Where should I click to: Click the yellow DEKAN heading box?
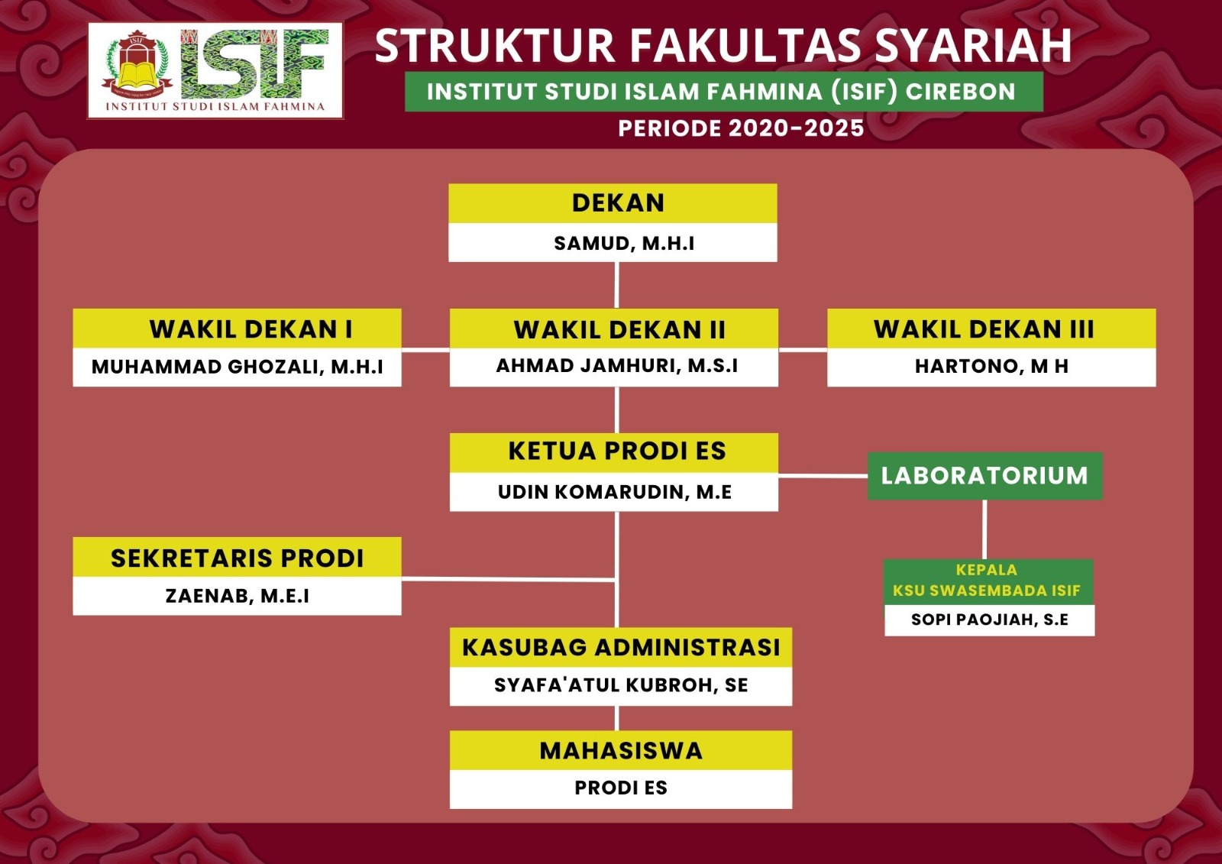tap(613, 203)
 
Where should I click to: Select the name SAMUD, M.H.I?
tap(624, 244)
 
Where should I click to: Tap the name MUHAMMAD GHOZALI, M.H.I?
tap(238, 367)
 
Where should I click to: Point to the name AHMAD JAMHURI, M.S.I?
tap(616, 366)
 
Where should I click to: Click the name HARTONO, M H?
tap(991, 366)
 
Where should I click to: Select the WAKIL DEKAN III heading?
tap(984, 329)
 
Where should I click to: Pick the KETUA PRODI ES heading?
tap(617, 451)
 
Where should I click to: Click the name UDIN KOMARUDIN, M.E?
tap(614, 492)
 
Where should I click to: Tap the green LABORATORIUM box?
tap(984, 475)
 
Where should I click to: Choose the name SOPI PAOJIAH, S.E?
tap(990, 620)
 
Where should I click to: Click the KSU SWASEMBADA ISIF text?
tap(986, 591)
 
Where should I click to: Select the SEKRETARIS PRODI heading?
tap(237, 558)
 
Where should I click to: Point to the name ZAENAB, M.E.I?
tap(238, 595)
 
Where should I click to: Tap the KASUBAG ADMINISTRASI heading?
tap(621, 647)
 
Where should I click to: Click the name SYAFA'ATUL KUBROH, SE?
tap(621, 685)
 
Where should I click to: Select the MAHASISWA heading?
tap(621, 750)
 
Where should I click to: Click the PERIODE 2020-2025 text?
tap(741, 128)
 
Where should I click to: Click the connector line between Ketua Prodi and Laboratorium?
tap(823, 476)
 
